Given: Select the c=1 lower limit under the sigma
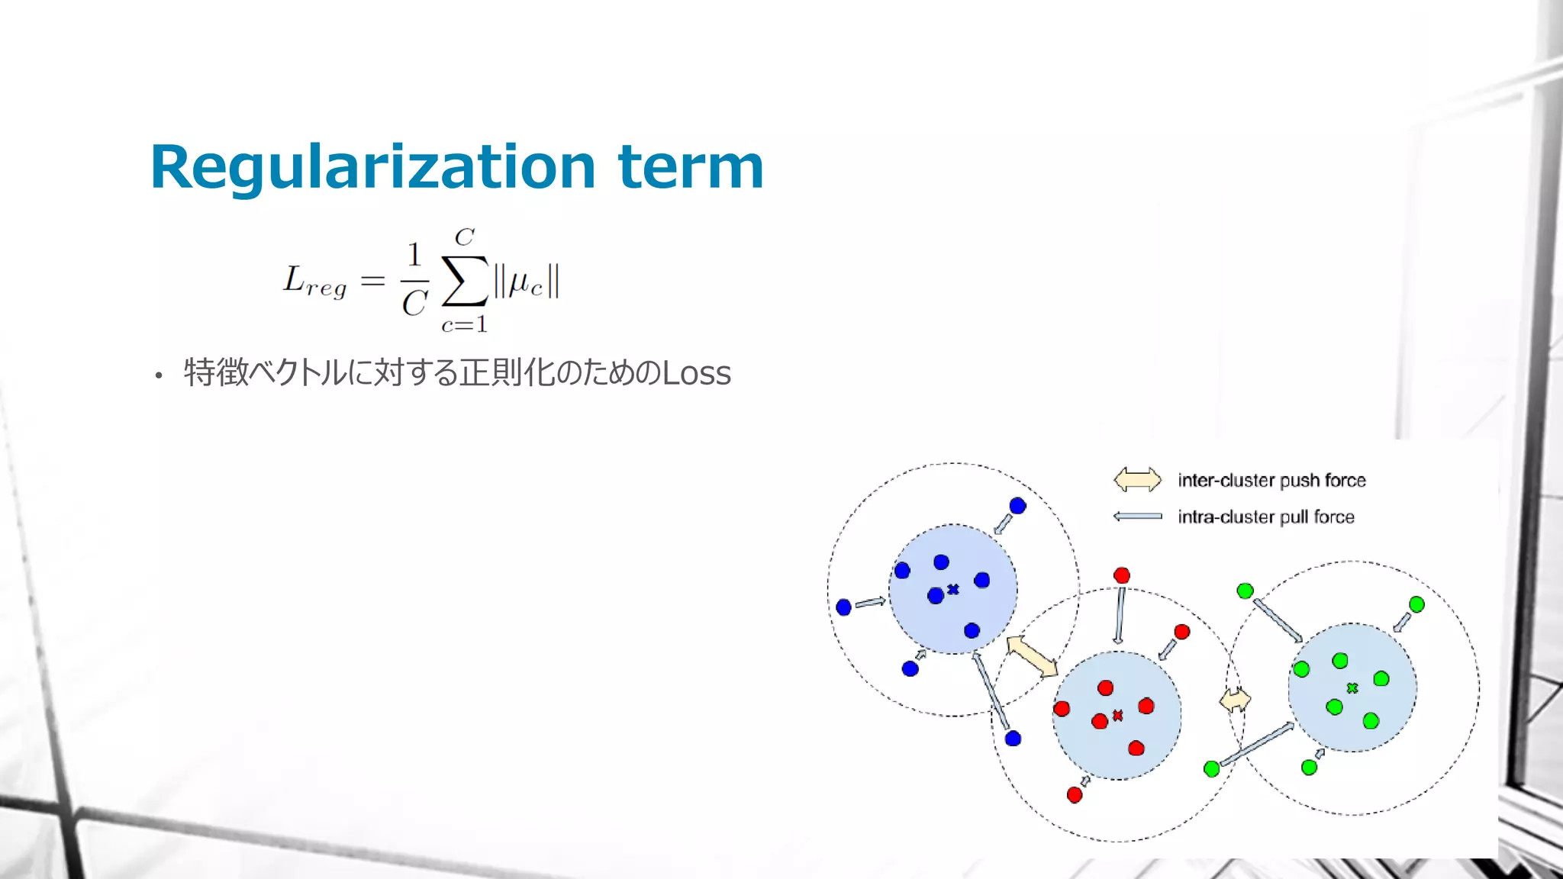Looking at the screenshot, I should tap(464, 325).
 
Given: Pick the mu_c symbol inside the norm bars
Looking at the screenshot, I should tap(526, 282).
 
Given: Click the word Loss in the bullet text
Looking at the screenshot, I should tap(696, 373).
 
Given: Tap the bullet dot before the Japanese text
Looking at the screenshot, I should tap(159, 375).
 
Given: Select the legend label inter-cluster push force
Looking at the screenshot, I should tap(1271, 480).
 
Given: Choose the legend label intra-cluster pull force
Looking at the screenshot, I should tap(1265, 517).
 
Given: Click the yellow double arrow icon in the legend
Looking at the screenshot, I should tap(1137, 480).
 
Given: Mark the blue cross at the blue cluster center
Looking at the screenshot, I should tap(953, 589).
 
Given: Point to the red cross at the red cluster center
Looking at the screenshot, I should tap(1118, 715).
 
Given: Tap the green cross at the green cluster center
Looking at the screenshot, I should tap(1352, 687).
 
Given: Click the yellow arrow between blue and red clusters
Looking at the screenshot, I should tap(1032, 656).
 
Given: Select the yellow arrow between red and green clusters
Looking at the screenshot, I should tap(1235, 699).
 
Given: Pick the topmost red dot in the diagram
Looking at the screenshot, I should tap(1121, 575).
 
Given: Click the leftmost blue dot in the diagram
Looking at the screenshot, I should tap(843, 607).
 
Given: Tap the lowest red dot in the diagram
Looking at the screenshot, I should tap(1075, 795).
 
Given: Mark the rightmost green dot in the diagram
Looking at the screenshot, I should tap(1416, 604).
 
